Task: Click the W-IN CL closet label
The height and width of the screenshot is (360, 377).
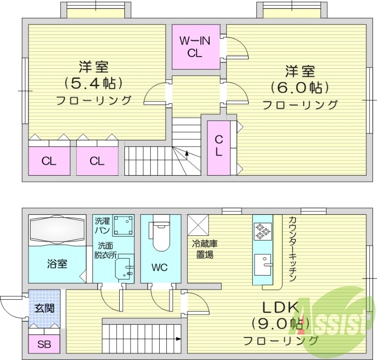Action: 195,47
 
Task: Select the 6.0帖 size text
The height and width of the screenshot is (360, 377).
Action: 300,88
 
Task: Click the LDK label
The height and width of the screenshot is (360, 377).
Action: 280,308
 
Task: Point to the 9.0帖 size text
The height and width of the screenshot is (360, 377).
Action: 281,324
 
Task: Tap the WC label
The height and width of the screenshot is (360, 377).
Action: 159,268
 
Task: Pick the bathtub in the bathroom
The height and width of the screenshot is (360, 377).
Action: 57,230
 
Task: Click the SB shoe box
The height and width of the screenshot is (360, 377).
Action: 44,344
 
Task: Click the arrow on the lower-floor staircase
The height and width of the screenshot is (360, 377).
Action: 179,338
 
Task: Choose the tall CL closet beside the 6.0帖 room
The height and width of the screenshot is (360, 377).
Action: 219,147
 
